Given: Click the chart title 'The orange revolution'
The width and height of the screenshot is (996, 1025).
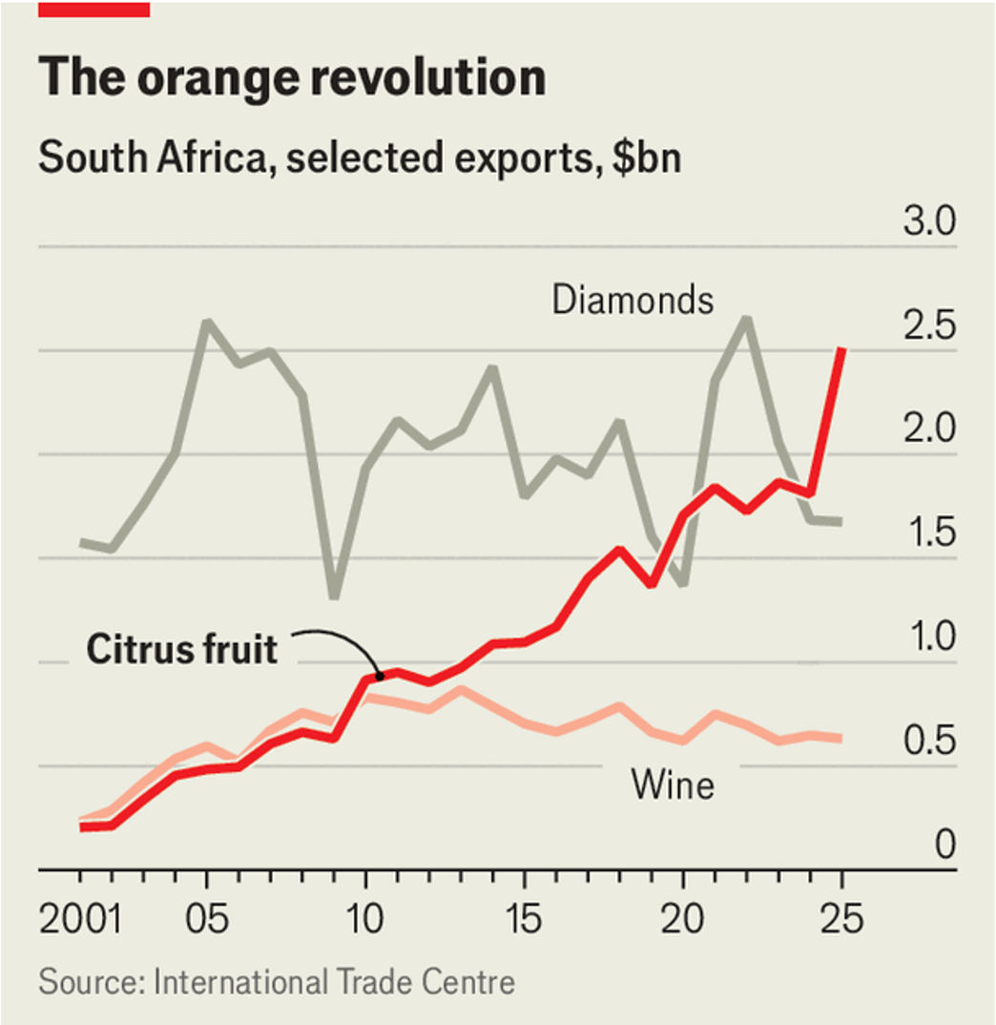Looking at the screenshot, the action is click(x=292, y=78).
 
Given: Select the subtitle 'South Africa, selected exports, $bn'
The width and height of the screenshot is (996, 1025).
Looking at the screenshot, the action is click(x=360, y=158).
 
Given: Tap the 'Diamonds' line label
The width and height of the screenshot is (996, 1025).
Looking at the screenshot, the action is click(x=633, y=300).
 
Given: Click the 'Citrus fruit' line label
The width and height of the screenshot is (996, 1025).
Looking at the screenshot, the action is click(x=181, y=649).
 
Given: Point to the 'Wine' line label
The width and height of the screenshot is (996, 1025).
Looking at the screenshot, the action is click(x=673, y=784).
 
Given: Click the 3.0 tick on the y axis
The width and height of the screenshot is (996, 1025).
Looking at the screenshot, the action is click(x=929, y=220).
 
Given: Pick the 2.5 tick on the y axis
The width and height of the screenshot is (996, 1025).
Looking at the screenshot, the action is click(x=929, y=324).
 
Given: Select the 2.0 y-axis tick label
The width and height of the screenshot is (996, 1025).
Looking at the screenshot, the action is click(x=929, y=429).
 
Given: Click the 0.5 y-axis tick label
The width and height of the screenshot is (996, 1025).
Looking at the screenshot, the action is click(x=929, y=740).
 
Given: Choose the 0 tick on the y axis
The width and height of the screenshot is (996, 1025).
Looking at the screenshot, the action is click(x=945, y=844).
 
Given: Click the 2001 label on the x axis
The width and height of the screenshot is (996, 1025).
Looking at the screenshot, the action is click(x=80, y=919).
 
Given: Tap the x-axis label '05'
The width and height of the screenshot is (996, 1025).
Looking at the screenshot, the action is click(x=206, y=919).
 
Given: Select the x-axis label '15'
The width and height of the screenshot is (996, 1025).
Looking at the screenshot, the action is click(x=524, y=919).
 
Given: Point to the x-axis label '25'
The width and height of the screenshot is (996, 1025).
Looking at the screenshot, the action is click(x=841, y=919).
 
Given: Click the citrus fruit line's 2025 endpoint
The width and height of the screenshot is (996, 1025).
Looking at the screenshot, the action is click(x=842, y=349).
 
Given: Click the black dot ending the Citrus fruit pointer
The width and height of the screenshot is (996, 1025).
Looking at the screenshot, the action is click(x=380, y=676).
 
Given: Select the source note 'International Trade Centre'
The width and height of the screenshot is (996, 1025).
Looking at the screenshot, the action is click(x=334, y=982).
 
